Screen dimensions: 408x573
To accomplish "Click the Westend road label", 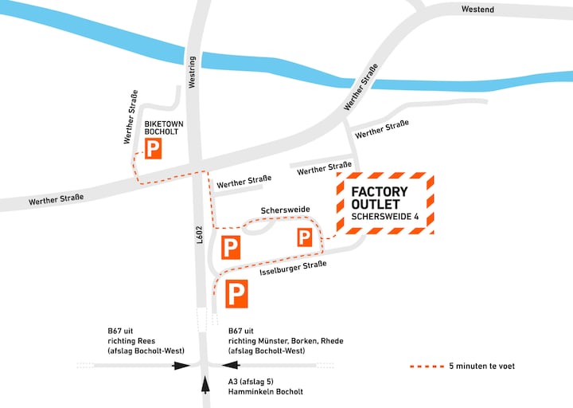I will point(477,9).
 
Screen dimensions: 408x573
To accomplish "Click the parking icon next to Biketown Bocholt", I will point(153,148).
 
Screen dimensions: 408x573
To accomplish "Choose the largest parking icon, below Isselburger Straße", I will point(237,294).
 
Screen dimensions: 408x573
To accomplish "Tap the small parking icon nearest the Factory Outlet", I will point(305,237).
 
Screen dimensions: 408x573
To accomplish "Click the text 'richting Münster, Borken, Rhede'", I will point(286,340).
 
